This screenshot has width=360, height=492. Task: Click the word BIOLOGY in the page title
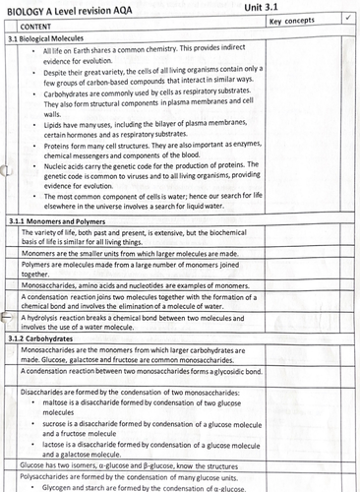[27, 7]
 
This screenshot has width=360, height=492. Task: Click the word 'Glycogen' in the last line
[63, 488]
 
